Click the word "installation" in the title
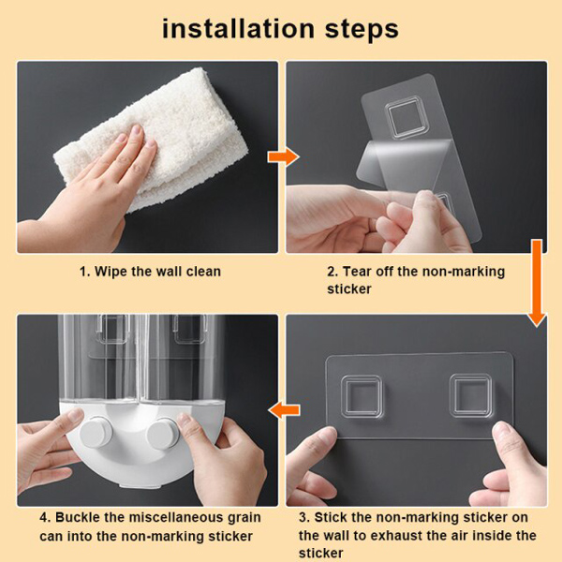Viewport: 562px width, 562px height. tap(238, 29)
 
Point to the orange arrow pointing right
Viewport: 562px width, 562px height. tap(283, 157)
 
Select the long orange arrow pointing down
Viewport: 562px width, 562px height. tap(537, 283)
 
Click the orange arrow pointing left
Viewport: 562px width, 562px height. tap(284, 409)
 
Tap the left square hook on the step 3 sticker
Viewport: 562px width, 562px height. tap(361, 396)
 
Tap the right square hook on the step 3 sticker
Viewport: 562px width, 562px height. tap(470, 395)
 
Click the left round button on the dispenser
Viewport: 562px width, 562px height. tap(96, 432)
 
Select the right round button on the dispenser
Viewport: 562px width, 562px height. tap(162, 433)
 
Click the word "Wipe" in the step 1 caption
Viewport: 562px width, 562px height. tap(111, 272)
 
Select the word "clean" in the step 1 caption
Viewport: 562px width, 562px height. tap(203, 272)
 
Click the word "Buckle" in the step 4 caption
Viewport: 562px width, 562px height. tap(78, 517)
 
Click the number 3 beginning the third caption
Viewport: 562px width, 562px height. tap(303, 518)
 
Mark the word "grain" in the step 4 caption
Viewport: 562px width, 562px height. tap(244, 519)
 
